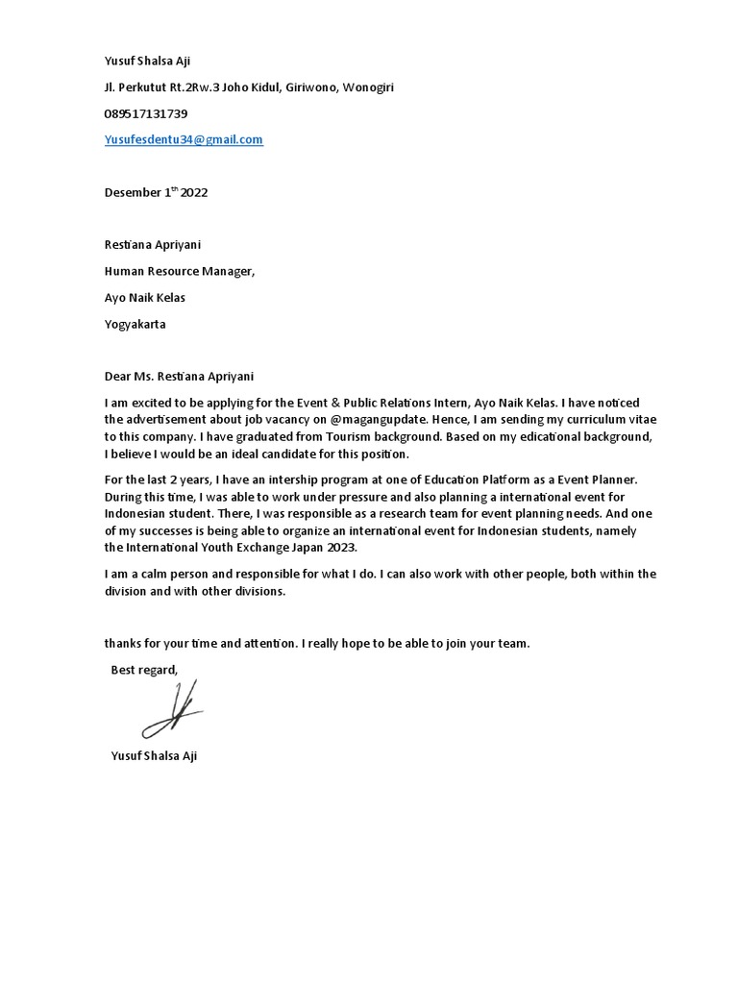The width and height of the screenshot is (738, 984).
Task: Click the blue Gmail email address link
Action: (x=184, y=140)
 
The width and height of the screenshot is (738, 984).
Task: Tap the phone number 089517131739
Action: (x=146, y=113)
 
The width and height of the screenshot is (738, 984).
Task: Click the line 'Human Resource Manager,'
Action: (x=180, y=271)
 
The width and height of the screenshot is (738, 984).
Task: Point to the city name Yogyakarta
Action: (x=135, y=324)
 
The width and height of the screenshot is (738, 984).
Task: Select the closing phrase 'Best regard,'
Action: (x=144, y=670)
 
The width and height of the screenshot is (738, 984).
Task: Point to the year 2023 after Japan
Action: (x=342, y=548)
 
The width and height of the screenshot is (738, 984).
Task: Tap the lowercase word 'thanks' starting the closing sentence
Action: (x=123, y=644)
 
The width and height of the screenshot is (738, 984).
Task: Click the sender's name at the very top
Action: (x=147, y=61)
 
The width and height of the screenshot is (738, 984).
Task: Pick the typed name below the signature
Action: (x=154, y=756)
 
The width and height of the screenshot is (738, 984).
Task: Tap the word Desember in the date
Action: (x=133, y=192)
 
